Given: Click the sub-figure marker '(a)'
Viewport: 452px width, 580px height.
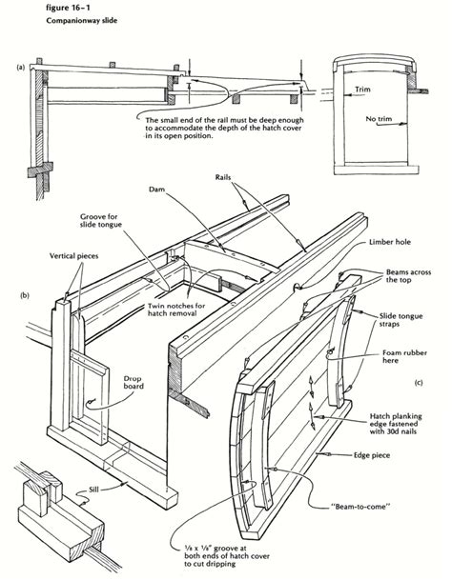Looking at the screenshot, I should pyautogui.click(x=20, y=69).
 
